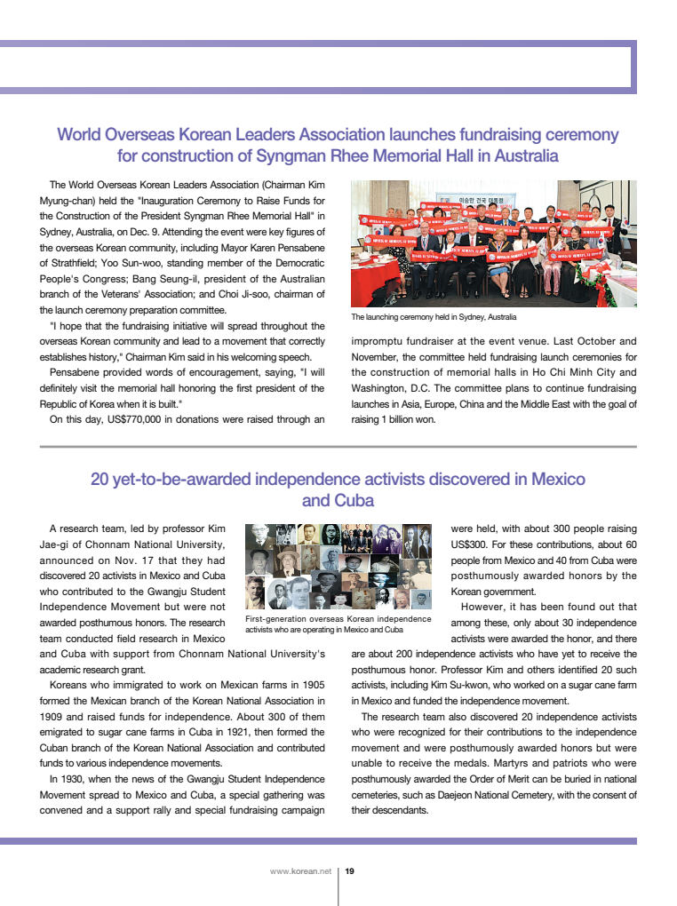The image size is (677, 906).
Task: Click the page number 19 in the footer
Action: tap(349, 871)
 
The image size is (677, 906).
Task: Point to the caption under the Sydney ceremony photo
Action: tap(434, 317)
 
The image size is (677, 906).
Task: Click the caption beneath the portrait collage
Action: tap(338, 624)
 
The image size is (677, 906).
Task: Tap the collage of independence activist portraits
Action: tap(338, 566)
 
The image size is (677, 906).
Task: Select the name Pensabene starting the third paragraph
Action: tap(77, 371)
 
